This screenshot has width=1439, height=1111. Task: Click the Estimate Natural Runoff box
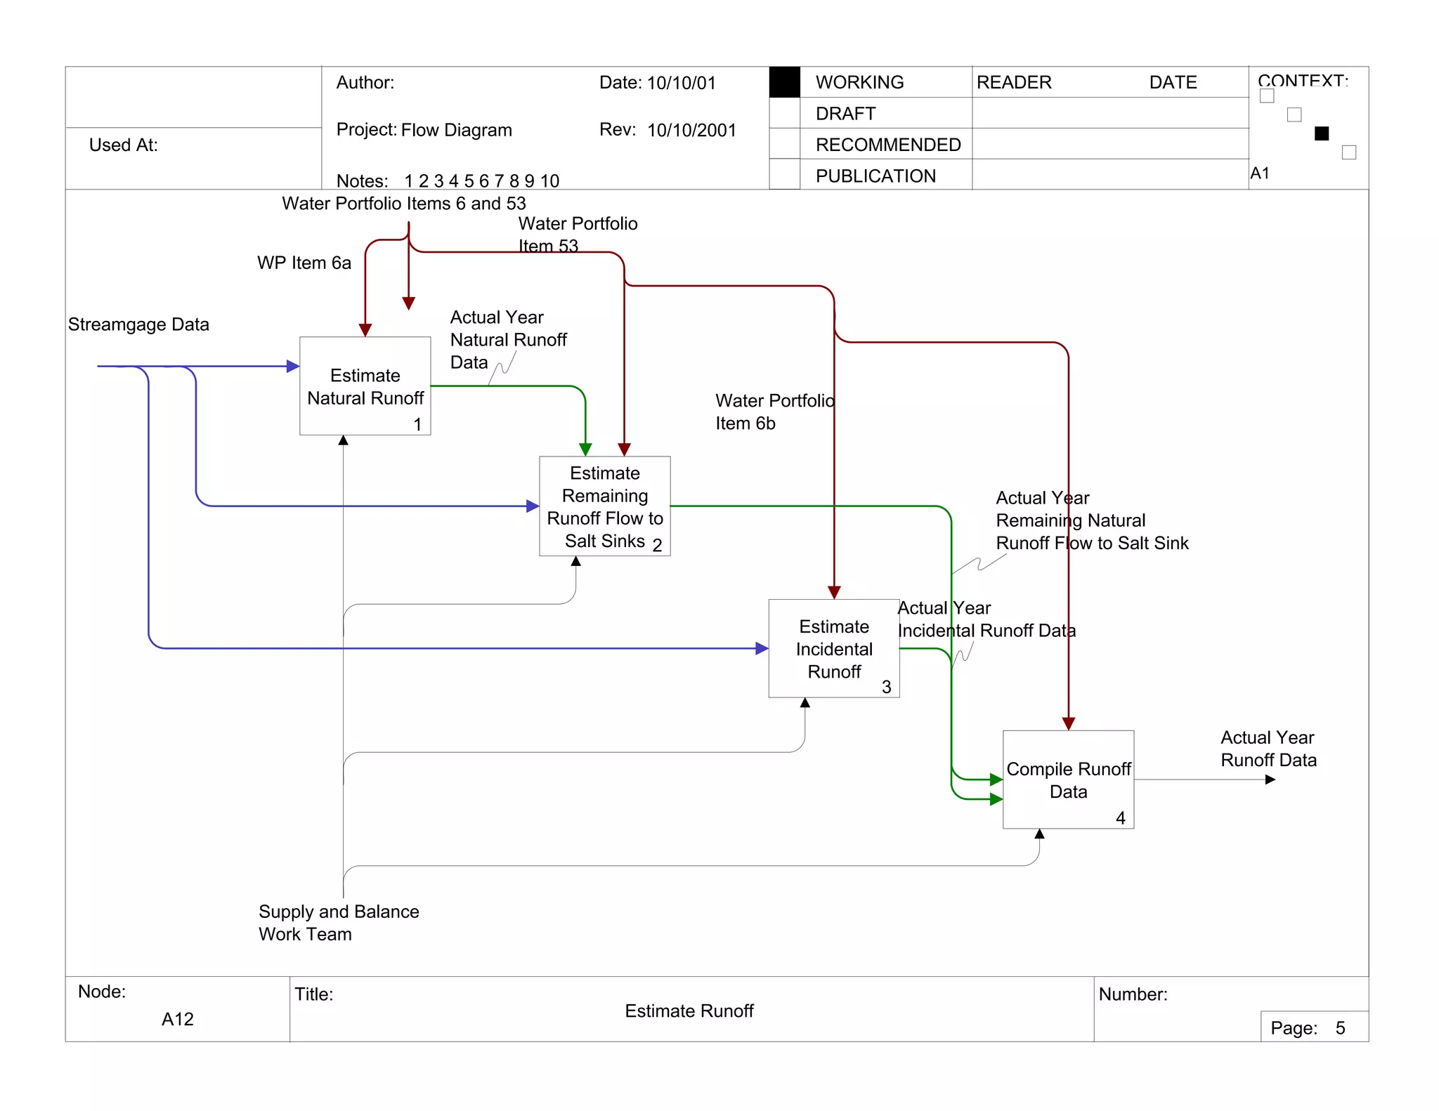point(365,386)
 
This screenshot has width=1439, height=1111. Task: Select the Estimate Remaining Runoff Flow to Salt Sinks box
point(604,506)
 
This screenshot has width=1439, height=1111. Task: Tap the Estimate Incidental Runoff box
point(833,648)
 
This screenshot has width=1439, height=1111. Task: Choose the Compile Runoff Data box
point(1068,780)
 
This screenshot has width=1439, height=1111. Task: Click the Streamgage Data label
point(138,324)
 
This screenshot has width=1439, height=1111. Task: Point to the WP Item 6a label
point(304,263)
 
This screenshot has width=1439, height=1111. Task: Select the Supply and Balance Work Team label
point(338,922)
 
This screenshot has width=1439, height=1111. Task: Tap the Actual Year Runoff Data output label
point(1268,749)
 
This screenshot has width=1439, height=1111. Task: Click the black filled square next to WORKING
point(784,82)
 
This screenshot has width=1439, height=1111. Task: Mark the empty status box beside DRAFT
point(784,113)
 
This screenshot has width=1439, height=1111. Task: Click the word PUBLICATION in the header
point(875,176)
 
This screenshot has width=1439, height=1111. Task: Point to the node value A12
point(177,1019)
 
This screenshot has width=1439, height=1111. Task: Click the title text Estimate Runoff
point(689,1011)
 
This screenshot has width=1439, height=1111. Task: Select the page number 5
point(1340,1028)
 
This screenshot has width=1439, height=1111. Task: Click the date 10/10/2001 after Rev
point(691,130)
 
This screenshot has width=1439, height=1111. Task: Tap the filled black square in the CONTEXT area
point(1321,133)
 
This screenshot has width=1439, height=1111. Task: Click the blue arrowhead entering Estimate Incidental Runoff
point(762,648)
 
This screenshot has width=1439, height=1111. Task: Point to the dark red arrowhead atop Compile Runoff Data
point(1068,724)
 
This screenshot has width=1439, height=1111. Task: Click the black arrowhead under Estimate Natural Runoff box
point(343,440)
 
